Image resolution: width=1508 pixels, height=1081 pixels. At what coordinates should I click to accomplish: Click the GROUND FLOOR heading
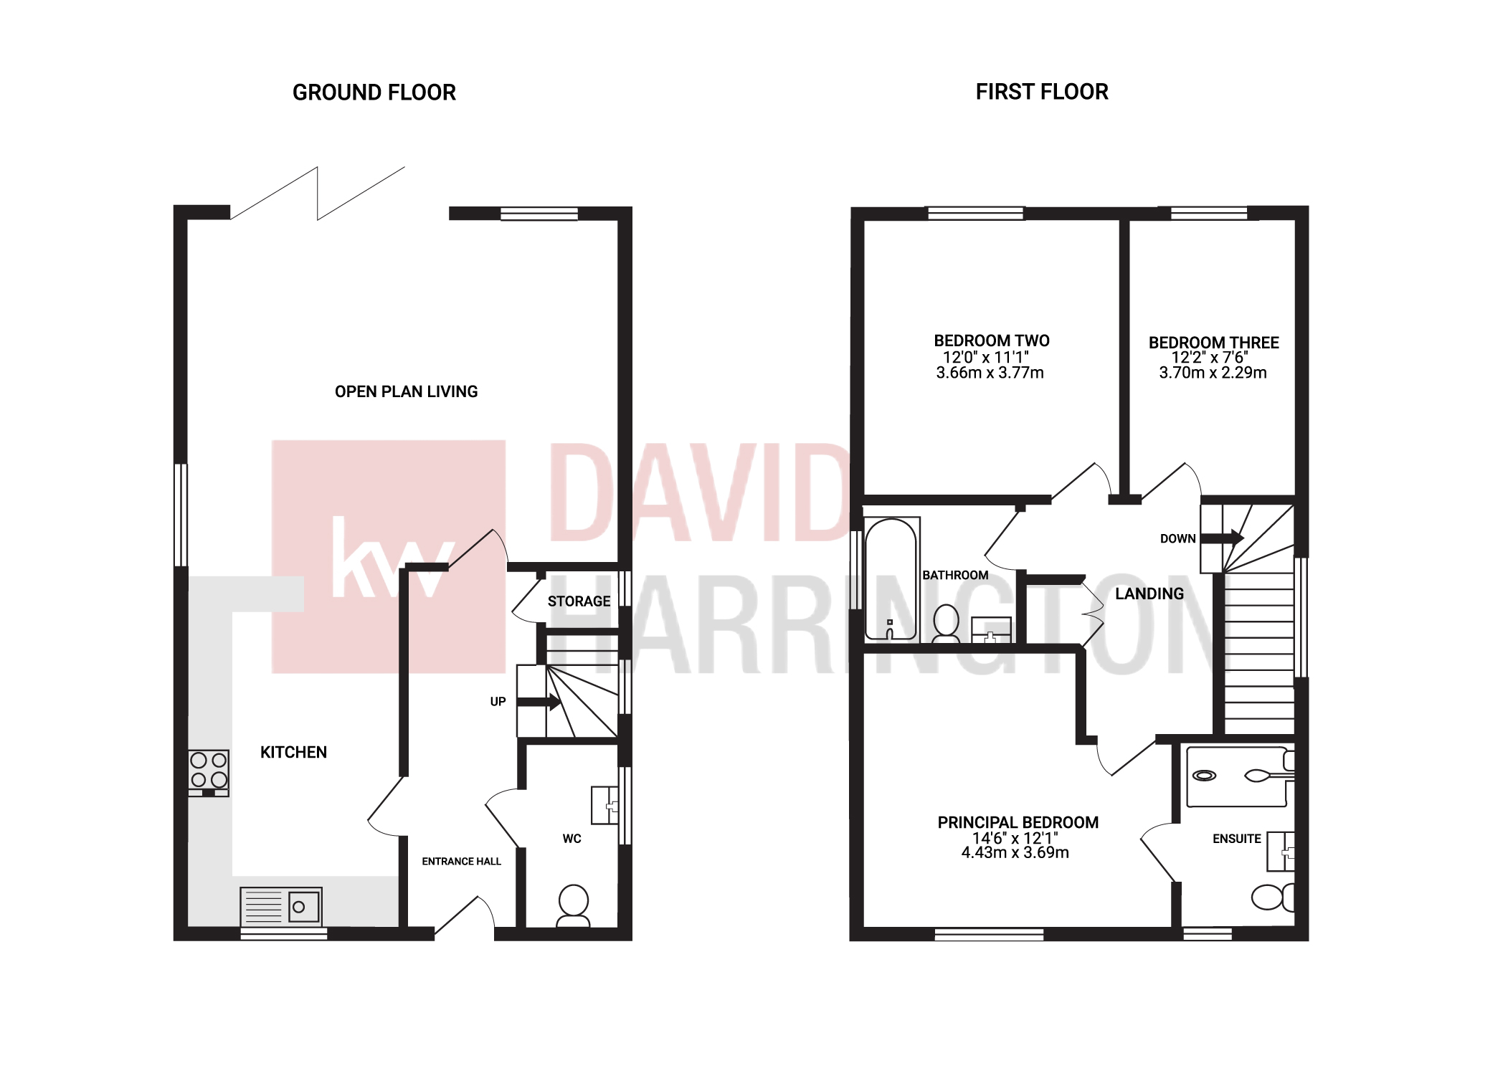coord(374,92)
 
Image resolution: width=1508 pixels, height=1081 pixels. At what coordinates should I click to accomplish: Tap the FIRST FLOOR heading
coord(1041,92)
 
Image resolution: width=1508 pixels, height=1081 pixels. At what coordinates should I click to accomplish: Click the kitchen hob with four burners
coord(209,772)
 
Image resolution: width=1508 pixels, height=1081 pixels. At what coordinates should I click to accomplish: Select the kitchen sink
coord(281,907)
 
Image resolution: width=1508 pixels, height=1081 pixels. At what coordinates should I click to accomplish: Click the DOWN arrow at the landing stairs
coord(1221,538)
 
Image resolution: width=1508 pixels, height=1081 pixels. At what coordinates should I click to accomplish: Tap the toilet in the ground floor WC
coord(573,905)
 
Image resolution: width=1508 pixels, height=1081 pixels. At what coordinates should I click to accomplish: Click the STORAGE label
coord(579,601)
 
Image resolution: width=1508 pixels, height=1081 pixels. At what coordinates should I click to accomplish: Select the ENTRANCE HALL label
coord(461,862)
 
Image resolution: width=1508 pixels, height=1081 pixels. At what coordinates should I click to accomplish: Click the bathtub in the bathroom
coord(891,579)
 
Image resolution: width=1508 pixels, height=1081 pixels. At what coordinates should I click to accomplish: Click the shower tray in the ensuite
coord(1236,776)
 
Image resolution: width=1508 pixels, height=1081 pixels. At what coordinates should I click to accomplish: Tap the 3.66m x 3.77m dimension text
coord(990,373)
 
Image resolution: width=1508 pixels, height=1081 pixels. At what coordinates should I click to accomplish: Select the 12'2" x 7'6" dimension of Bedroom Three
coord(1210,358)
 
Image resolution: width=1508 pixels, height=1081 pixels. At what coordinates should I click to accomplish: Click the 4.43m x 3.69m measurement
coord(1015,852)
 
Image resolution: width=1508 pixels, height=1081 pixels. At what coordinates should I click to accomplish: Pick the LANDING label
coord(1149,594)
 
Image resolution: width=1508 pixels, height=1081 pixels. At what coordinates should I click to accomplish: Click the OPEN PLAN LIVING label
coord(406,391)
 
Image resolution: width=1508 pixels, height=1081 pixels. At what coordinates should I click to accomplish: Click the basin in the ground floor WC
coord(604,805)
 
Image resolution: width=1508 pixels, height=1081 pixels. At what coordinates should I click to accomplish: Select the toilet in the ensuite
coord(1272,897)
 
